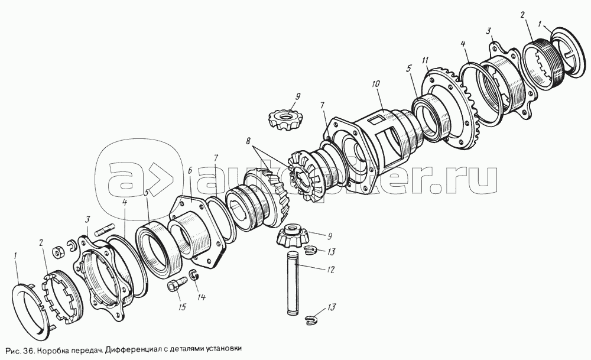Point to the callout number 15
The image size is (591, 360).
point(182,307)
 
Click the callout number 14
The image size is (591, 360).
point(201,297)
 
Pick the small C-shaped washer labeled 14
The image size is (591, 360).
point(193,275)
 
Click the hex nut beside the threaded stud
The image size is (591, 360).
point(59,251)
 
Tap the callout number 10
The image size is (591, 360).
point(376,83)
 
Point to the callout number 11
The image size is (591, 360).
point(426,60)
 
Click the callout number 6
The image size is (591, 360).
point(189,170)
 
